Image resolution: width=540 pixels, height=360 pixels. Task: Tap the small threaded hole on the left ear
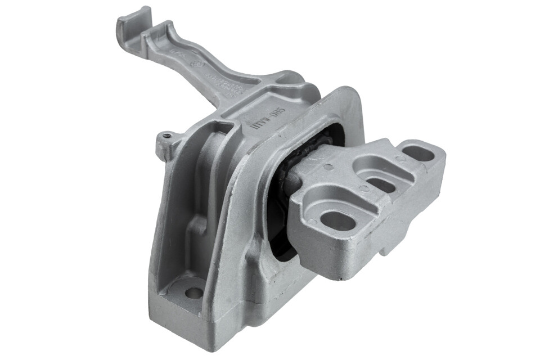click(x=165, y=136)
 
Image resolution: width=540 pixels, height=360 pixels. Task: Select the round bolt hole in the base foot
click(x=193, y=292)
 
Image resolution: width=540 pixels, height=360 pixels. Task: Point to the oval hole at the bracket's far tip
click(x=419, y=153)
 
